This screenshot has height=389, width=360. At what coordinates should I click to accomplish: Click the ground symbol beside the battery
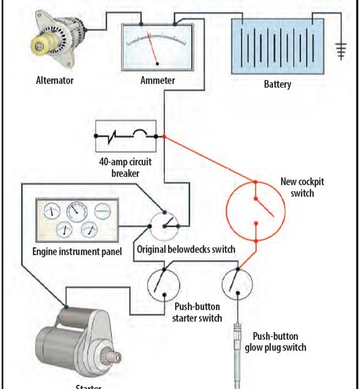point(343,52)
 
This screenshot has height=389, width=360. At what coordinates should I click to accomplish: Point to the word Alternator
point(54,81)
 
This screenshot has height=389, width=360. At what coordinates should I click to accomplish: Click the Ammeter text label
point(157,81)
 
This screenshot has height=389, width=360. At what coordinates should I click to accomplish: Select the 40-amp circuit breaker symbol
point(125,137)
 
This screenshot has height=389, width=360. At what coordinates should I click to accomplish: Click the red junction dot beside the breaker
point(164,137)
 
